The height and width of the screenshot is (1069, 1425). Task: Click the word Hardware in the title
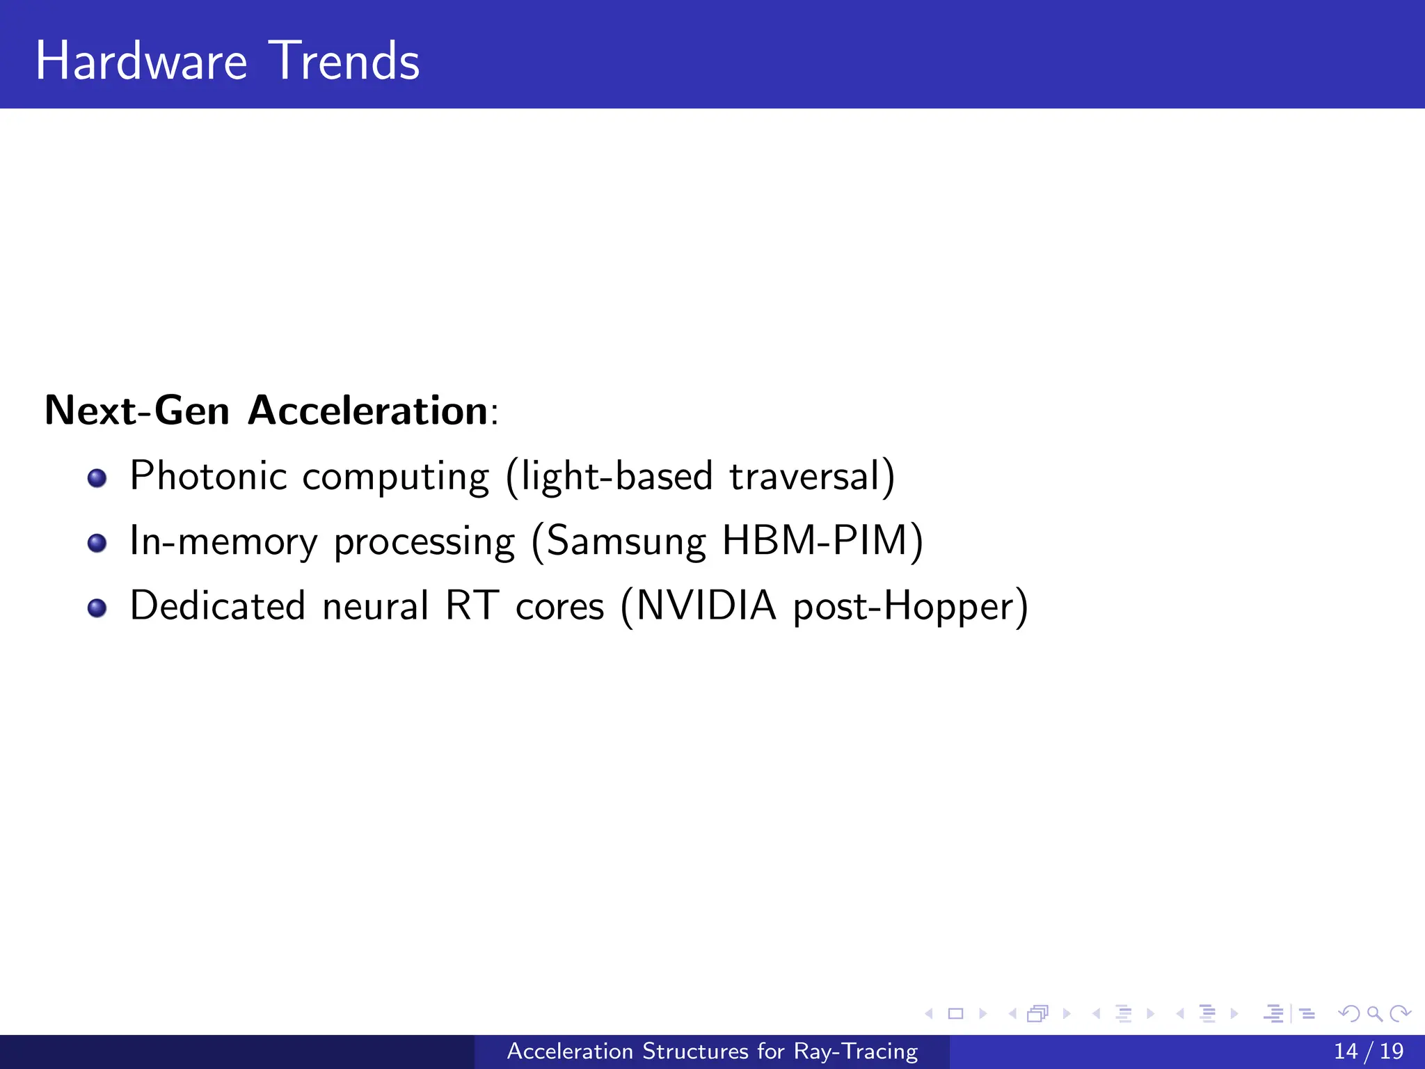coord(141,61)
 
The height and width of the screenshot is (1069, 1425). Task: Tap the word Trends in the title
coord(345,61)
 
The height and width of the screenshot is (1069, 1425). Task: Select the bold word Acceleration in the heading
coord(368,410)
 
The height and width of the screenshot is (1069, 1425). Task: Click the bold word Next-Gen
coord(137,410)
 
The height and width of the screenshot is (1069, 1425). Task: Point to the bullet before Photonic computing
coord(97,478)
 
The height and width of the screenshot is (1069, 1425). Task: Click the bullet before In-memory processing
coord(97,543)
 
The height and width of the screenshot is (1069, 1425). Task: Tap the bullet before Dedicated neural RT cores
coord(97,608)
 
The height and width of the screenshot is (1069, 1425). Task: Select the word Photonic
coord(209,476)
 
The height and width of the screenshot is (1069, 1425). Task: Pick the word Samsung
coord(626,541)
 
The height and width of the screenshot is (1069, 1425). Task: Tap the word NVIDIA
coord(706,605)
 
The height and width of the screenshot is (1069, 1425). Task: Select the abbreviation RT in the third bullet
coord(472,605)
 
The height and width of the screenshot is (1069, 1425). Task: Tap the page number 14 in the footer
coord(1346,1051)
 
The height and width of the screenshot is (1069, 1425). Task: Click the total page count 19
coord(1392,1051)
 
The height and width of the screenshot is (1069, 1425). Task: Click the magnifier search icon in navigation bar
coord(1374,1014)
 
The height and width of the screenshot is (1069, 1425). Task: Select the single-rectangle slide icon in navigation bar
coord(956,1014)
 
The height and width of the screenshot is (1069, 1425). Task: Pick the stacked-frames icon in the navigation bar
coord(1037,1014)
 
